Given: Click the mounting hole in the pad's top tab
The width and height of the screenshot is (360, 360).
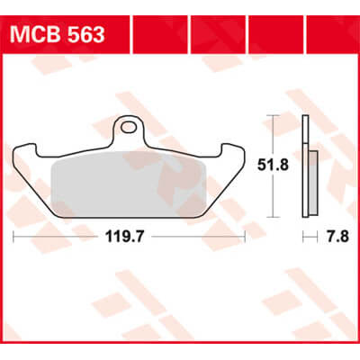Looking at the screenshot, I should tap(131, 127).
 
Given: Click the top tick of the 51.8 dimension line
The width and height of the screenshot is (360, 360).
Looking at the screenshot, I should tap(273, 116).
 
